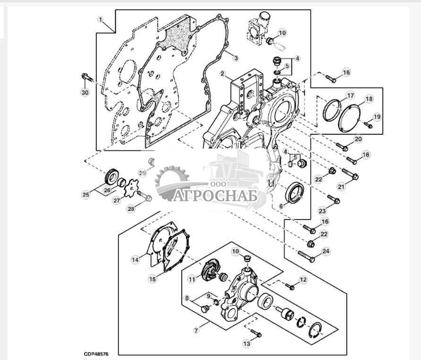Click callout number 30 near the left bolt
(85, 93)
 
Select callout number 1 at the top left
(100, 19)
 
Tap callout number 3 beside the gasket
(236, 58)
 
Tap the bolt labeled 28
(145, 197)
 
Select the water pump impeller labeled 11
(209, 272)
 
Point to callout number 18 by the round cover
(369, 99)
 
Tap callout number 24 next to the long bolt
(326, 251)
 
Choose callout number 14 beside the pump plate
(135, 259)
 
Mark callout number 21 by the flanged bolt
(341, 188)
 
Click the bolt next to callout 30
(87, 77)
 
